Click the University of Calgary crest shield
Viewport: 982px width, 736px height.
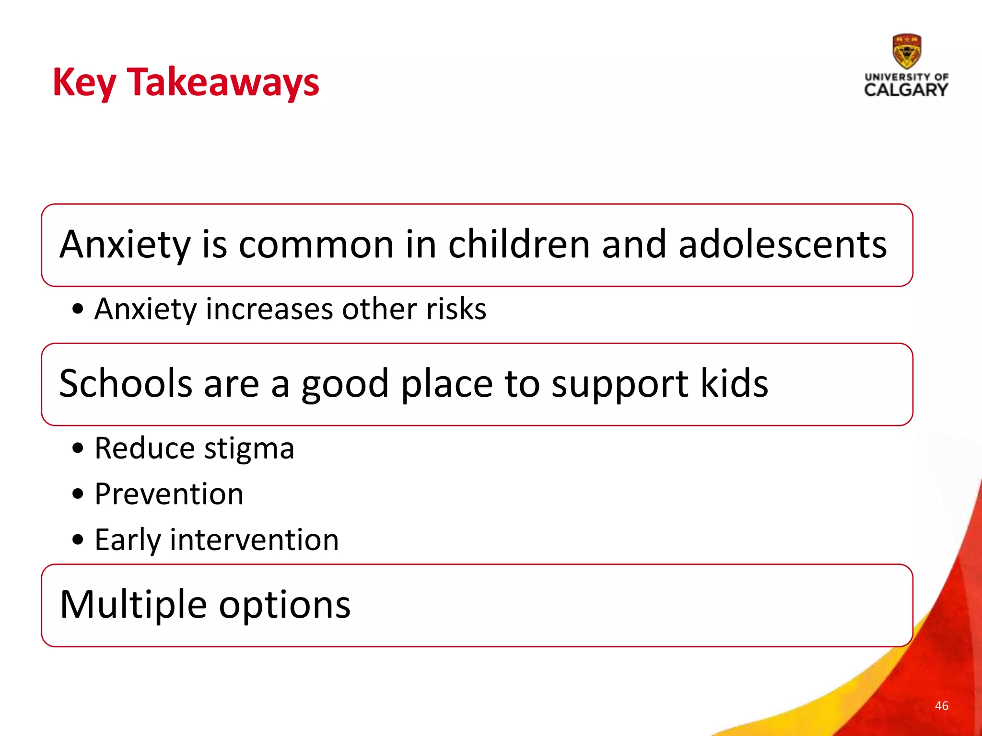pyautogui.click(x=906, y=51)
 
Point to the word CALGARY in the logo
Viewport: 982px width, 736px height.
pyautogui.click(x=906, y=90)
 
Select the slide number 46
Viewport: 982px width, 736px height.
pyautogui.click(x=941, y=705)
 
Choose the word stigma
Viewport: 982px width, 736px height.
pyautogui.click(x=249, y=449)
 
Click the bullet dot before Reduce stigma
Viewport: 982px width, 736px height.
pyautogui.click(x=78, y=449)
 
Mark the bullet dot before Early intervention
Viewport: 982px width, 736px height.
pyautogui.click(x=78, y=540)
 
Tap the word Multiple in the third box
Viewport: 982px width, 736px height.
pyautogui.click(x=133, y=605)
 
